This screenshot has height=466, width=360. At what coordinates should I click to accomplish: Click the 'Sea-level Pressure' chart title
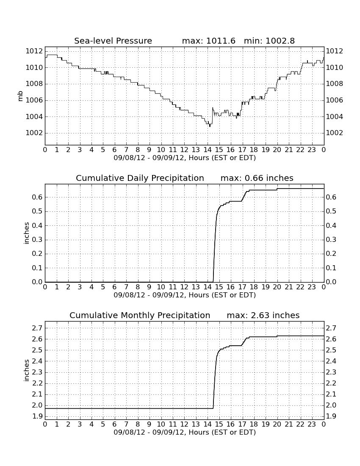(x=113, y=41)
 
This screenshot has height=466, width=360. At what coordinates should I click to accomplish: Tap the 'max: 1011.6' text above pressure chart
(x=208, y=41)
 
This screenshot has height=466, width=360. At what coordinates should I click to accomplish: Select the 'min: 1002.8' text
(x=269, y=41)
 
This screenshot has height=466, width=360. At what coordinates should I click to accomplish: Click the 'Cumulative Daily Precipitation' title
(x=140, y=178)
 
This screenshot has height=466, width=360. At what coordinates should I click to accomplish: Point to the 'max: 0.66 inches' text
(x=257, y=178)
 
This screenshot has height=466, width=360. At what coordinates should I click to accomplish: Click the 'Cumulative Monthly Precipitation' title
(x=140, y=315)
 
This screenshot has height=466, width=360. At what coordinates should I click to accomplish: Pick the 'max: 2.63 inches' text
(x=263, y=315)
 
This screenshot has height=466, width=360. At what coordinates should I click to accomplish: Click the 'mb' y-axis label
(x=20, y=96)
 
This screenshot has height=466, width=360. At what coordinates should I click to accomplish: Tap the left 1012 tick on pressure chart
(x=34, y=51)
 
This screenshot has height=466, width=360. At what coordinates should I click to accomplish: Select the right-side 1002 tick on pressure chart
(x=335, y=133)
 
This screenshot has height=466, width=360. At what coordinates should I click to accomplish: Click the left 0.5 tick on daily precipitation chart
(x=37, y=211)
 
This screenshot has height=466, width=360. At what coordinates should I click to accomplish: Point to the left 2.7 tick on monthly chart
(x=37, y=328)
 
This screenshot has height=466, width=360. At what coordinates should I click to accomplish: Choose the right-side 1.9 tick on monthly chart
(x=332, y=416)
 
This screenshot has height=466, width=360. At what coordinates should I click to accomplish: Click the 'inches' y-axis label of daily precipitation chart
(x=26, y=233)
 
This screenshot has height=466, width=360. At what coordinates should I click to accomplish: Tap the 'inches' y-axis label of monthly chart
(x=26, y=371)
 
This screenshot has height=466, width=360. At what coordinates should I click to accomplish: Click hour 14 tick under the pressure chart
(x=208, y=150)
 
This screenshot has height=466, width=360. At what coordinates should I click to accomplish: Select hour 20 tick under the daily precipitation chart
(x=277, y=287)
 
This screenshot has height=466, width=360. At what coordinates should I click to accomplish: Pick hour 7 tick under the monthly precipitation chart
(x=126, y=424)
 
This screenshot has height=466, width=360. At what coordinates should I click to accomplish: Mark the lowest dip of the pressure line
(x=210, y=126)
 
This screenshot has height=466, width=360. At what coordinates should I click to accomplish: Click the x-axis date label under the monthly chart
(x=185, y=432)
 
